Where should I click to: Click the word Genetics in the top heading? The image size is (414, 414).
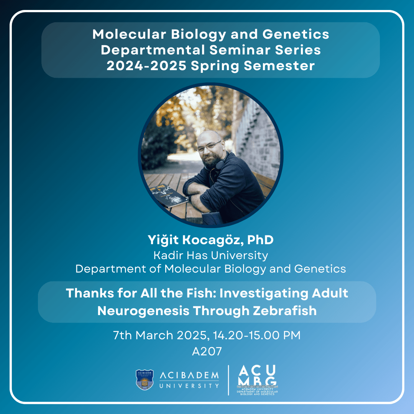pos(296,34)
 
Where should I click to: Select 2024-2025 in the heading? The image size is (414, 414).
pos(146,66)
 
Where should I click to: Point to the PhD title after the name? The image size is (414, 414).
pos(260,240)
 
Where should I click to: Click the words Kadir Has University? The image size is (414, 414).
pos(211,255)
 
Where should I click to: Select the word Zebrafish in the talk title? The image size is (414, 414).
pos(285,311)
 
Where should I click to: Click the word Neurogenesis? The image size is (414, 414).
pos(143,311)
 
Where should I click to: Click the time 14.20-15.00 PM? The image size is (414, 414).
pos(257,335)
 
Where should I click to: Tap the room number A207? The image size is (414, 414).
pos(207,352)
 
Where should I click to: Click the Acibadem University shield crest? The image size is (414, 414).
pos(145,379)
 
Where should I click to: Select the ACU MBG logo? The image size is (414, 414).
pos(257,380)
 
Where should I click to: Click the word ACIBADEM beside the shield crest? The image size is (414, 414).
pos(189,375)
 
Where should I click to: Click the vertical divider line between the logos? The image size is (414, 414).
pos(228,380)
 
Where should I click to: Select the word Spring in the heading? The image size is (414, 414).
pos(215,66)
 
